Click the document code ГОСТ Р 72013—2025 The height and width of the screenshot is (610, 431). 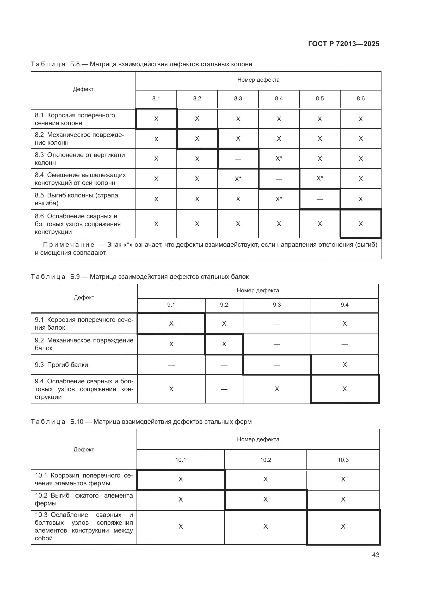pyautogui.click(x=344, y=44)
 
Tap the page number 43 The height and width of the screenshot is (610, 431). pyautogui.click(x=375, y=555)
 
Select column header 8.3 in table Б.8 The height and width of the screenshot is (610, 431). pyautogui.click(x=238, y=99)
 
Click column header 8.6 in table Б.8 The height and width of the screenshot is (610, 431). pyautogui.click(x=360, y=99)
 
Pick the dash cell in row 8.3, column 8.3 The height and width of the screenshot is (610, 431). pyautogui.click(x=238, y=159)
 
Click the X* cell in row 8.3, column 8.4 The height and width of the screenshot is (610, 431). pyautogui.click(x=279, y=159)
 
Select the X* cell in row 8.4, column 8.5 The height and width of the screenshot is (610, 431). pyautogui.click(x=319, y=178)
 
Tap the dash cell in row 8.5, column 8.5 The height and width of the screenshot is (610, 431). pyautogui.click(x=319, y=199)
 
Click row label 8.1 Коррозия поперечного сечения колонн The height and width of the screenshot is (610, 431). pyautogui.click(x=75, y=119)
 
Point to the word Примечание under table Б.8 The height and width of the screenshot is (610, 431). pyautogui.click(x=69, y=245)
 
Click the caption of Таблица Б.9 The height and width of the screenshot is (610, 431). pyautogui.click(x=140, y=276)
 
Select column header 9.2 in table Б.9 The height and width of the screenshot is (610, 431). pyautogui.click(x=224, y=305)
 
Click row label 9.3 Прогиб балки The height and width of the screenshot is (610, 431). pyautogui.click(x=61, y=365)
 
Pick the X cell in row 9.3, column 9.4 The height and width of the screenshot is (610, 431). pyautogui.click(x=344, y=365)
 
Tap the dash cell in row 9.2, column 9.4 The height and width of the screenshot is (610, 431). pyautogui.click(x=344, y=344)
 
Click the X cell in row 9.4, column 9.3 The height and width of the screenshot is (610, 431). pyautogui.click(x=277, y=389)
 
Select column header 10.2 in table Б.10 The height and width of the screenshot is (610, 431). pyautogui.click(x=265, y=460)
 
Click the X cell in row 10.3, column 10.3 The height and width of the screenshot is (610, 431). pyautogui.click(x=343, y=527)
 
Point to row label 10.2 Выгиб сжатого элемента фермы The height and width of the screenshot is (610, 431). pyautogui.click(x=84, y=499)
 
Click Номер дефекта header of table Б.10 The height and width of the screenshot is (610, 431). pyautogui.click(x=258, y=439)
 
